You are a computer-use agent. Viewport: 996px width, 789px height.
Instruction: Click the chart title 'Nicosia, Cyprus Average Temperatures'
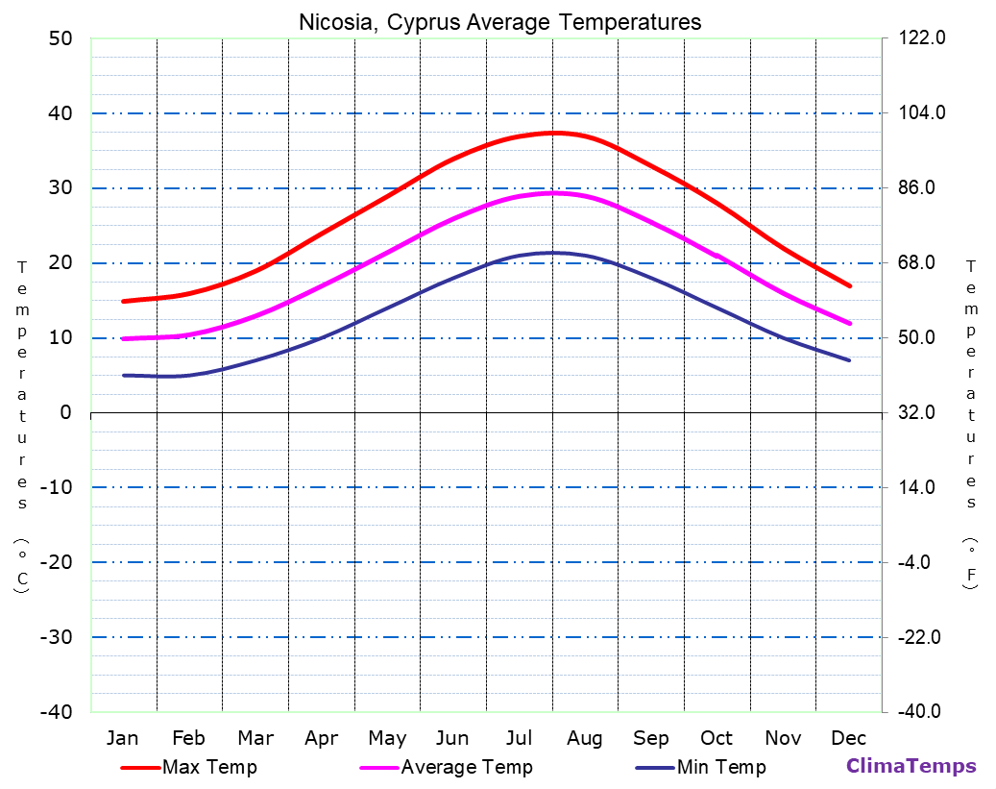tap(499, 21)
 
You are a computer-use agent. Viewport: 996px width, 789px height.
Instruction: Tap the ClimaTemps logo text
tap(911, 766)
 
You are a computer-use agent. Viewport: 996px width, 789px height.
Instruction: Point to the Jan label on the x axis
tap(123, 738)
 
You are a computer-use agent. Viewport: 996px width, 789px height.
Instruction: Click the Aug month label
tap(584, 738)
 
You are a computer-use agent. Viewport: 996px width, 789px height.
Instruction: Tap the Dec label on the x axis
tap(849, 738)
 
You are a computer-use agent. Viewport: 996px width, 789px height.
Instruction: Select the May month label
tap(387, 738)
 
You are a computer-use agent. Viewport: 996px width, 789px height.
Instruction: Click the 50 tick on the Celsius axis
tap(60, 38)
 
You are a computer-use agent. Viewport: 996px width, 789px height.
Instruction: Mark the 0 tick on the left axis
tap(65, 412)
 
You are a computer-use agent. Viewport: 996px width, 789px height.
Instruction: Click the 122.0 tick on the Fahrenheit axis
tap(921, 38)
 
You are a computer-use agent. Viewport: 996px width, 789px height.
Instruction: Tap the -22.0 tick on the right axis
tap(921, 637)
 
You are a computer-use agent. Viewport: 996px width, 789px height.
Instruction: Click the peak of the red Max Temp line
tap(553, 133)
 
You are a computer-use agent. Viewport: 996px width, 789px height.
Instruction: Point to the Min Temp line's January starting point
tap(124, 375)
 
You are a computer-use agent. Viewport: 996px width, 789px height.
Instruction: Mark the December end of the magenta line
tap(850, 324)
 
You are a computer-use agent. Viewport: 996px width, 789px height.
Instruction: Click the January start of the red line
tap(124, 301)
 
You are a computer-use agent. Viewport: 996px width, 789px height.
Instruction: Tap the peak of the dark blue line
tap(551, 253)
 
